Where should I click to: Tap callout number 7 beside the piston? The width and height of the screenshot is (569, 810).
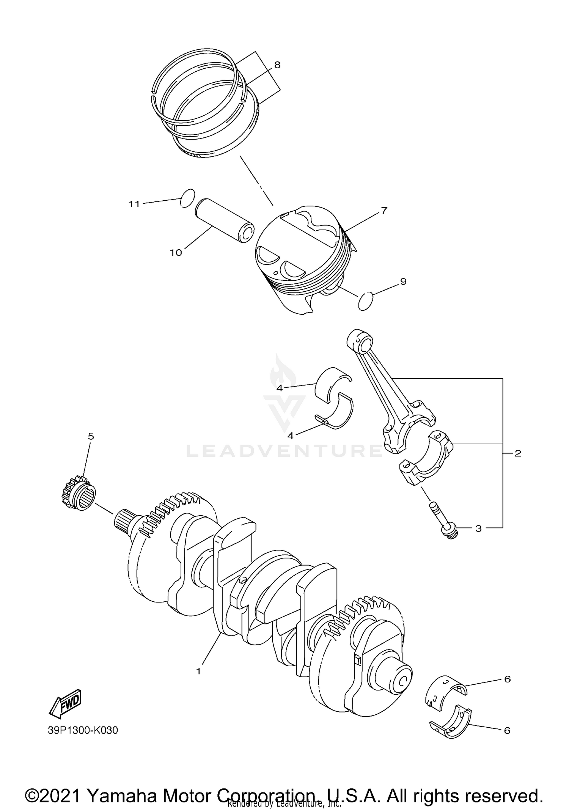[x=384, y=210]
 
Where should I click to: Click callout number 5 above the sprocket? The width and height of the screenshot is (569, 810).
[x=91, y=436]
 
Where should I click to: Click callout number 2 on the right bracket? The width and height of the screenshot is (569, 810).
[x=517, y=453]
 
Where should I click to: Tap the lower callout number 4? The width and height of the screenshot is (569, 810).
[x=291, y=436]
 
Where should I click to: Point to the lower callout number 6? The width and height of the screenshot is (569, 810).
[x=507, y=730]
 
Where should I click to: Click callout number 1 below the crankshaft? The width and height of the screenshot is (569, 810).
[x=198, y=671]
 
